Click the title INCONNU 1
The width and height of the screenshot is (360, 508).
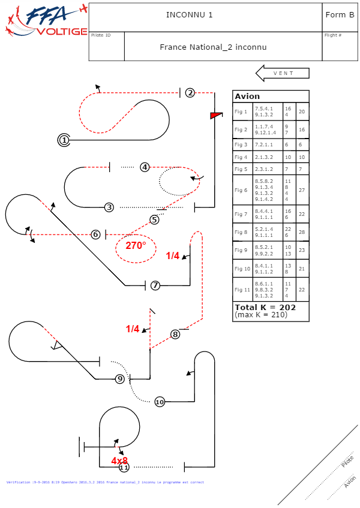point(189,15)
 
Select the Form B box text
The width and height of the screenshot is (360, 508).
point(339,15)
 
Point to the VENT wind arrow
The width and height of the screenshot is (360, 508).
point(283,73)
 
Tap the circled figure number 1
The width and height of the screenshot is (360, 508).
point(64,140)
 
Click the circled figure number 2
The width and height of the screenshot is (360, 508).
point(190,92)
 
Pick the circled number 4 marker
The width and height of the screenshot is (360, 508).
point(145,167)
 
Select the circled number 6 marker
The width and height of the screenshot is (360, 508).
point(95,235)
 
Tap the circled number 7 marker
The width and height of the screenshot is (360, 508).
point(155,285)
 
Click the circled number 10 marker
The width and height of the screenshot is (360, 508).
point(160,402)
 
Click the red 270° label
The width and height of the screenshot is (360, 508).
point(136,245)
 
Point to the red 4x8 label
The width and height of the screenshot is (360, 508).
point(119,461)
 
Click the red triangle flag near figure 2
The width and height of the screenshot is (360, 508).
point(216,115)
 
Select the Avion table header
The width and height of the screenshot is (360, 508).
point(247,97)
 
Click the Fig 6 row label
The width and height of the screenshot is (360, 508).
point(241,190)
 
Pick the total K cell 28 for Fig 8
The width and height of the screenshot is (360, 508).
point(302,232)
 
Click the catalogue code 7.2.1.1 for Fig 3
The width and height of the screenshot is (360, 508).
point(263,145)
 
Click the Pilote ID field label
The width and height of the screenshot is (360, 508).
point(101,35)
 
